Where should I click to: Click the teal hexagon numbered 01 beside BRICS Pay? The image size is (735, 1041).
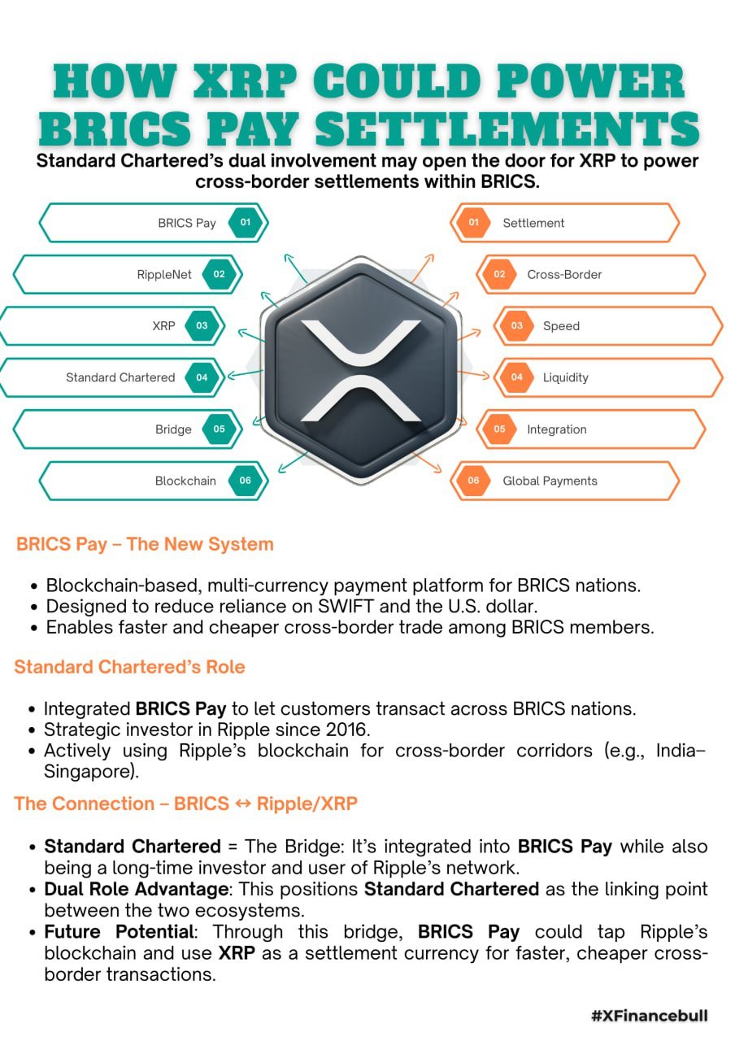(246, 223)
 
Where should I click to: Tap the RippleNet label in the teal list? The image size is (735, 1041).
(164, 275)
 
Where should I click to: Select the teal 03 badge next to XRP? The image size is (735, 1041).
(202, 326)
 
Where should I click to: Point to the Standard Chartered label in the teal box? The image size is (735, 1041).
(120, 377)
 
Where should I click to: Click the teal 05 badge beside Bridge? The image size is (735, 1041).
(220, 429)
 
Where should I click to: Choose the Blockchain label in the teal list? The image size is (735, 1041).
(185, 481)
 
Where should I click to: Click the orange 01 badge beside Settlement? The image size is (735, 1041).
(473, 223)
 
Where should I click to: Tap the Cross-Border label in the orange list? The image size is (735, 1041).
(564, 275)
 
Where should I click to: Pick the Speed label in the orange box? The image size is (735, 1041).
(561, 326)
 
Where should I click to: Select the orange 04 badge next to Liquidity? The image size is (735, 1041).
(517, 377)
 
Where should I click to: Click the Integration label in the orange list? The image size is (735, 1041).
(557, 429)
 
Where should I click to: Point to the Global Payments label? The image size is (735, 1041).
(550, 481)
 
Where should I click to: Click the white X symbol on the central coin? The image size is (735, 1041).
(361, 370)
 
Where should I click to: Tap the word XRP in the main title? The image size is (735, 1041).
(245, 81)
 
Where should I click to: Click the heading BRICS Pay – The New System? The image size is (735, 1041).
(145, 544)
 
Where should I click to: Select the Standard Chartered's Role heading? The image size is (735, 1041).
(129, 667)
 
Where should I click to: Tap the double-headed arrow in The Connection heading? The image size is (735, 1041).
(243, 804)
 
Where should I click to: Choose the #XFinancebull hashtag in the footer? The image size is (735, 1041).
(650, 1016)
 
